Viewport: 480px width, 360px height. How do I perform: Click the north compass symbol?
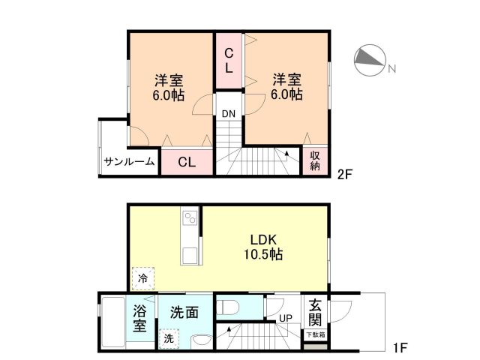(369, 60)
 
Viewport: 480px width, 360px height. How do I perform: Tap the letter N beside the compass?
(391, 70)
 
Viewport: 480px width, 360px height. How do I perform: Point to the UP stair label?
(286, 318)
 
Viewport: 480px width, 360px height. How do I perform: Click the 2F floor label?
(345, 175)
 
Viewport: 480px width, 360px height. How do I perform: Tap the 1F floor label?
(400, 348)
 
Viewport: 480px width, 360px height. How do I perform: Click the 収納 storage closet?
(314, 160)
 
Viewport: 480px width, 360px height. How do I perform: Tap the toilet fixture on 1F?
(227, 306)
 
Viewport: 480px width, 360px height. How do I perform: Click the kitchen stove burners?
(189, 219)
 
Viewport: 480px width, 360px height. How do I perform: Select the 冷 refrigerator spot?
(142, 278)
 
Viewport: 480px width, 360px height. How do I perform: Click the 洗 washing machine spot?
(169, 339)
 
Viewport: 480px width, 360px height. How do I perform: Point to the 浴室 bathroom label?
(140, 319)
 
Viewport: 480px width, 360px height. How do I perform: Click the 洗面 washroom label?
(183, 311)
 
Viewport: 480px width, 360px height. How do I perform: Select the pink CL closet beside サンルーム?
(187, 162)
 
